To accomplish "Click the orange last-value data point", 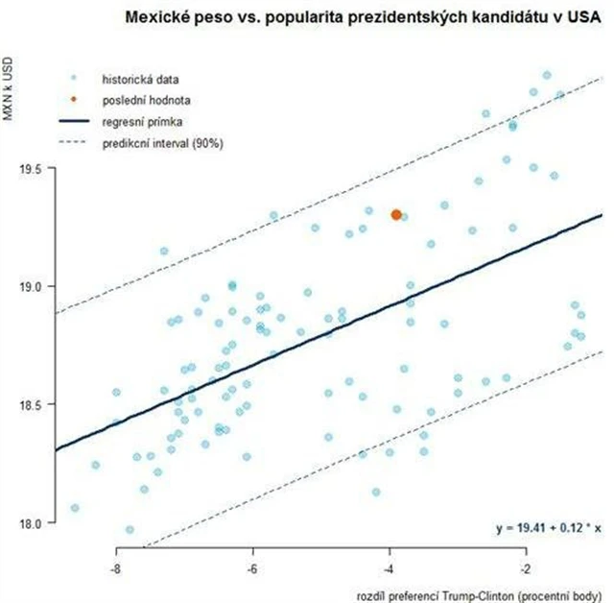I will click(x=396, y=214).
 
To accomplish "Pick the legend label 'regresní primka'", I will click(x=138, y=122).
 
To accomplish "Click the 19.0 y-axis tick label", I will click(x=34, y=286).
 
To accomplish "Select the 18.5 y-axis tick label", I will click(x=34, y=404).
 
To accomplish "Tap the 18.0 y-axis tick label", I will click(x=34, y=522).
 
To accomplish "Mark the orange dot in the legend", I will click(x=73, y=99).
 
